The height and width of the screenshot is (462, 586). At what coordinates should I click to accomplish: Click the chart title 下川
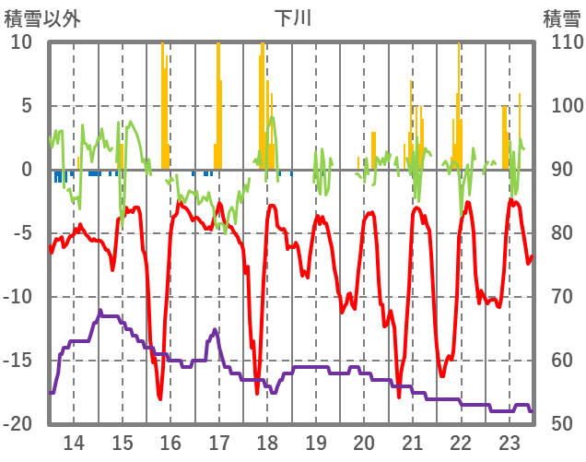pyautogui.click(x=293, y=18)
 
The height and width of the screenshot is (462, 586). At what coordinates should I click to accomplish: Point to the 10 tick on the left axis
pyautogui.click(x=21, y=42)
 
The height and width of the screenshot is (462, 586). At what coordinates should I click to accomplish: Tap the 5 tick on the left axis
pyautogui.click(x=27, y=106)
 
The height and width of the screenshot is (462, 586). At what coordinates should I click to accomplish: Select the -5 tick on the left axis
pyautogui.click(x=23, y=233)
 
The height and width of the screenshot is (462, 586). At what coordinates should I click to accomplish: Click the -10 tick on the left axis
pyautogui.click(x=18, y=297)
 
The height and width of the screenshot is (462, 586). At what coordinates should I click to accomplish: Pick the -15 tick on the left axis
pyautogui.click(x=18, y=361)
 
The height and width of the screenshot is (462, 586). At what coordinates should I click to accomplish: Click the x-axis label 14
pyautogui.click(x=73, y=442)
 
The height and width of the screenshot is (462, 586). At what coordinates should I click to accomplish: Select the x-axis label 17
pyautogui.click(x=218, y=442)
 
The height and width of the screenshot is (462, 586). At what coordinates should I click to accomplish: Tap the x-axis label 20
pyautogui.click(x=364, y=442)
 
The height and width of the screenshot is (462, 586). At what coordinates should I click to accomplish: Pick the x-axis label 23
pyautogui.click(x=510, y=442)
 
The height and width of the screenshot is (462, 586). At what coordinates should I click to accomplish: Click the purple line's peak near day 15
pyautogui.click(x=100, y=312)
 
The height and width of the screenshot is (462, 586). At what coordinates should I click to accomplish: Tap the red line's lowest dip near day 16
pyautogui.click(x=159, y=397)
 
